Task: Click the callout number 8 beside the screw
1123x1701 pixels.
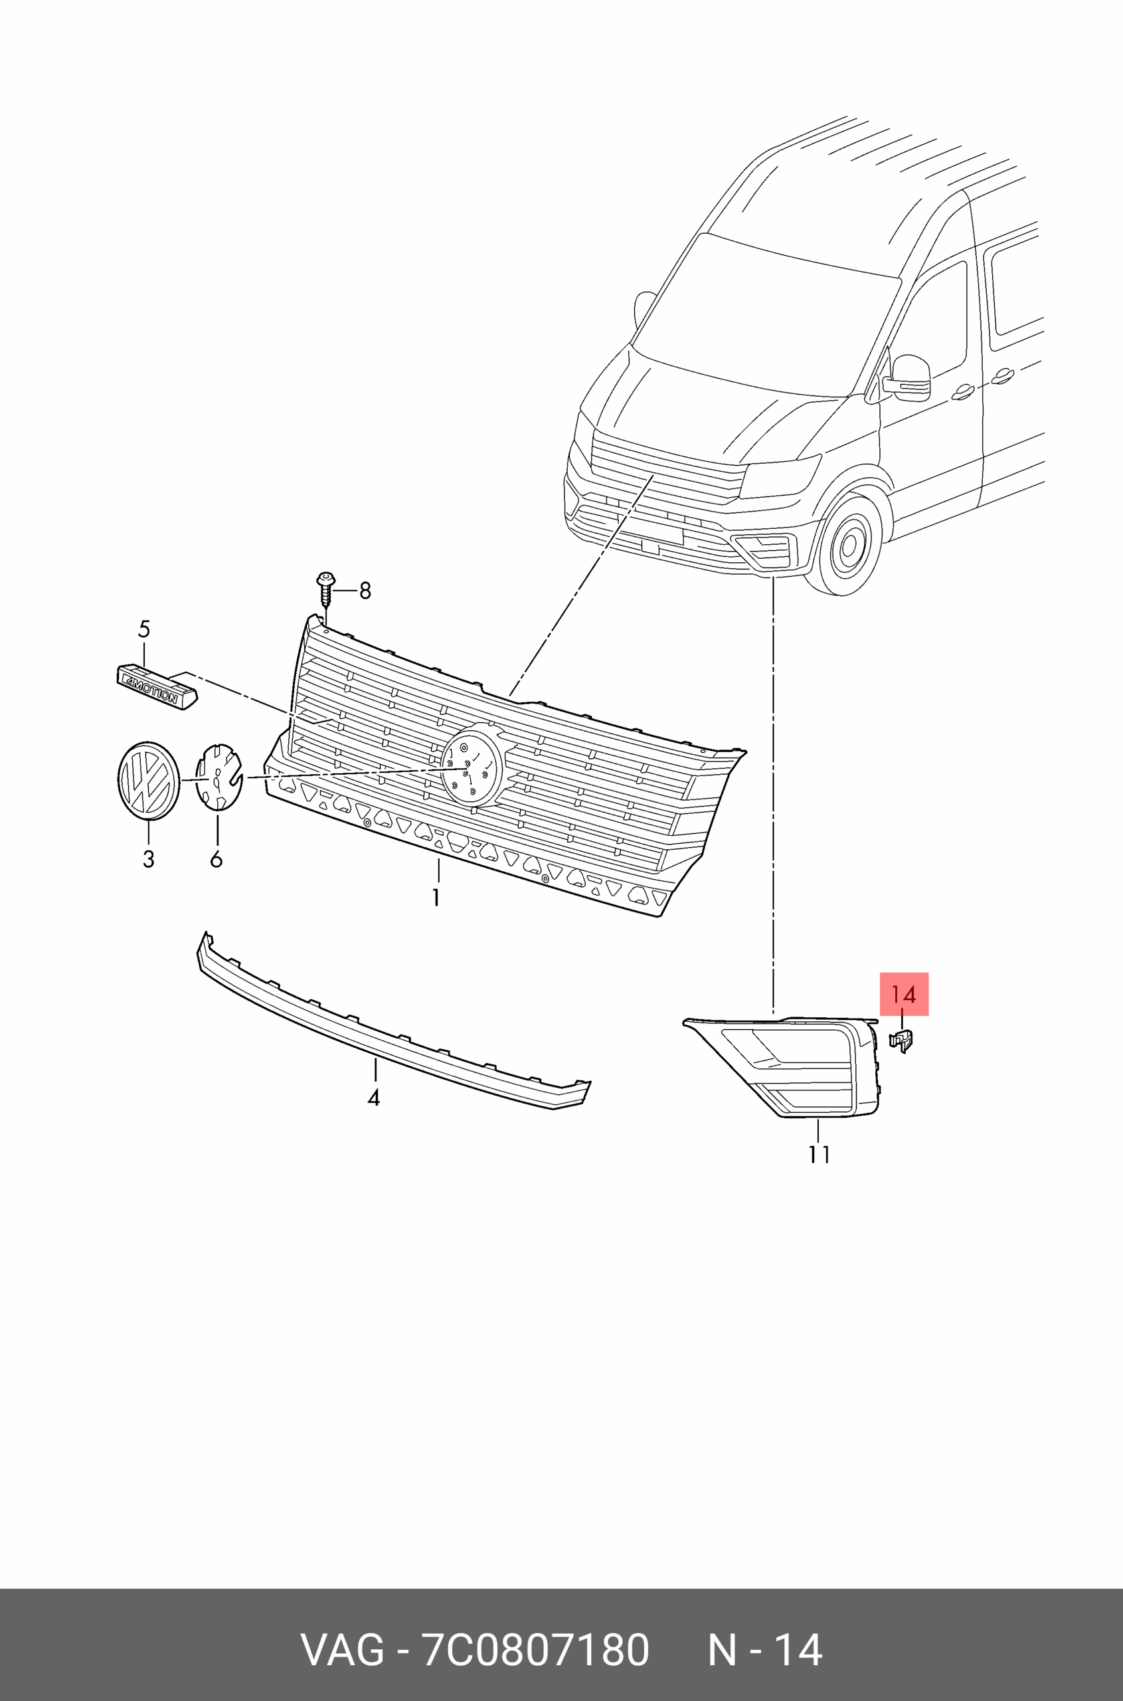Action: (x=365, y=591)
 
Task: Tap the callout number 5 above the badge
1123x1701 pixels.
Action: (x=144, y=630)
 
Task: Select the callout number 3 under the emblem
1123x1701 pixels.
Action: (x=148, y=859)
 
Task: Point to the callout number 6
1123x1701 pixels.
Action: (x=216, y=859)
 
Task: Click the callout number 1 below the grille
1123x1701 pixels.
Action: (x=436, y=897)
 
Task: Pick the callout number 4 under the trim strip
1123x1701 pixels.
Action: (x=373, y=1097)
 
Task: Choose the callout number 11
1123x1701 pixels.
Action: (x=820, y=1154)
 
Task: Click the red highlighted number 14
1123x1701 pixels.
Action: (x=904, y=995)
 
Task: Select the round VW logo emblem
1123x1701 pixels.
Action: (x=148, y=780)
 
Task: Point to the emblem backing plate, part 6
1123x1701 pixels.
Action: (x=219, y=777)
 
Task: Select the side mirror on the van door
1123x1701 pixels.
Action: (x=908, y=377)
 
